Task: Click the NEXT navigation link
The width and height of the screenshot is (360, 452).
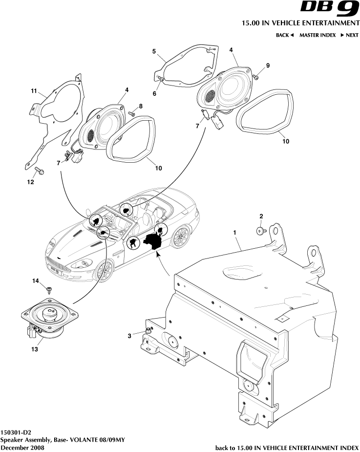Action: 350,35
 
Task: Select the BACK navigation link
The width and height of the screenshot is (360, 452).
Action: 285,35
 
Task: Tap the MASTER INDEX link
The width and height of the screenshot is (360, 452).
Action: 317,35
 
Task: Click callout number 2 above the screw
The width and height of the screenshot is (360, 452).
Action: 261,216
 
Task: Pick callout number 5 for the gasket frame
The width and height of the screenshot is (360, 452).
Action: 153,51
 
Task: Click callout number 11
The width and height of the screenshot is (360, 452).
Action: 34,91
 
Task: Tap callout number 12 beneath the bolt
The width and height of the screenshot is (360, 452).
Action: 30,182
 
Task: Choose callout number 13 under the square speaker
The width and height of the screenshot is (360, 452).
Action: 35,349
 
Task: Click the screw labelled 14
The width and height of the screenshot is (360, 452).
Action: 49,289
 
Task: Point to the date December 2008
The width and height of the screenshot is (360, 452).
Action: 22,447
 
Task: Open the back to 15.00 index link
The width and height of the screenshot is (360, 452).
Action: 287,447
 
